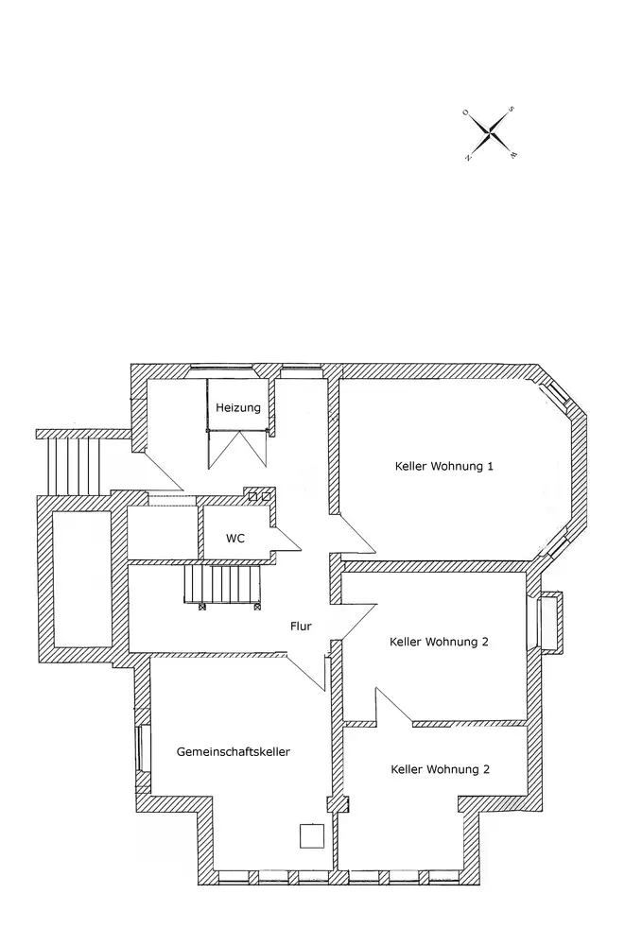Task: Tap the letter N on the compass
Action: click(x=468, y=158)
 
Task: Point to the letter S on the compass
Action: click(x=512, y=110)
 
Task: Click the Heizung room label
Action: click(x=237, y=407)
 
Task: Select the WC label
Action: click(x=235, y=538)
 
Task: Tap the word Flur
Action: click(x=302, y=625)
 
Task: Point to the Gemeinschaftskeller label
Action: click(x=233, y=751)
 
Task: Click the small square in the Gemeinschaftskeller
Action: click(x=311, y=835)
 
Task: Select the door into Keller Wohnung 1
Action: click(x=352, y=537)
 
